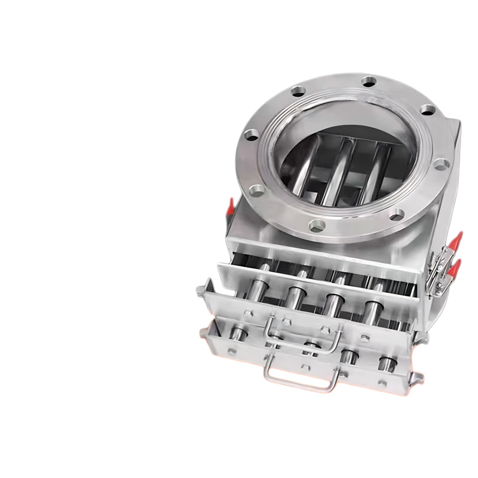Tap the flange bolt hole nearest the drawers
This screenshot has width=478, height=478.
click(x=317, y=225)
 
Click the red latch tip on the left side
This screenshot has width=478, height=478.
click(x=229, y=207)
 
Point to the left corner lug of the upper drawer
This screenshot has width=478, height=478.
click(x=201, y=290)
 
